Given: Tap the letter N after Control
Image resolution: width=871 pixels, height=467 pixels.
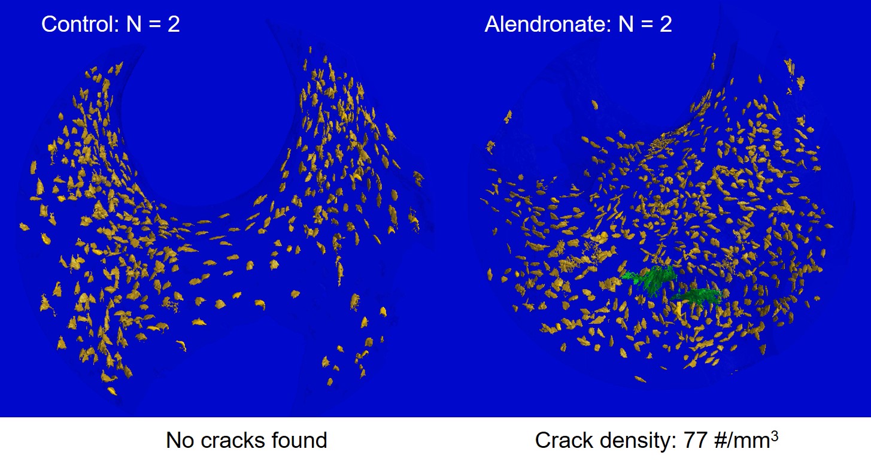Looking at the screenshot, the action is pos(133,24).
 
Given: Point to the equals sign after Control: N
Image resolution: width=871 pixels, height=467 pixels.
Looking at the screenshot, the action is pos(154,25).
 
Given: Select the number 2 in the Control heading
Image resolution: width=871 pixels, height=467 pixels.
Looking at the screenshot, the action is pos(174,24).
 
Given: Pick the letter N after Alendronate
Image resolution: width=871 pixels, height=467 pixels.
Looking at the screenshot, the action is pos(626,24).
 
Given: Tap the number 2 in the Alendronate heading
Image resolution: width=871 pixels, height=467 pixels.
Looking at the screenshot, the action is pos(666,24).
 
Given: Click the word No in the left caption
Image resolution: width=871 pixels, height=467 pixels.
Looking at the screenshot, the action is pos(180,441).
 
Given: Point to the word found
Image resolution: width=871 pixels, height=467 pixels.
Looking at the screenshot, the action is pos(299,441).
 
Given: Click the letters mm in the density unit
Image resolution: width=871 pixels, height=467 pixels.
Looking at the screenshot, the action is pos(752,442).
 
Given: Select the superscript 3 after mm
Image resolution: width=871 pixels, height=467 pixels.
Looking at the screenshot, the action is pos(775,436).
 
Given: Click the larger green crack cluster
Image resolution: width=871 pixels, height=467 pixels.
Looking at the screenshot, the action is pos(650,279).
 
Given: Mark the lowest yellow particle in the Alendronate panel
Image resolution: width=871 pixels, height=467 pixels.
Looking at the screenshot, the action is pos(640,379).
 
